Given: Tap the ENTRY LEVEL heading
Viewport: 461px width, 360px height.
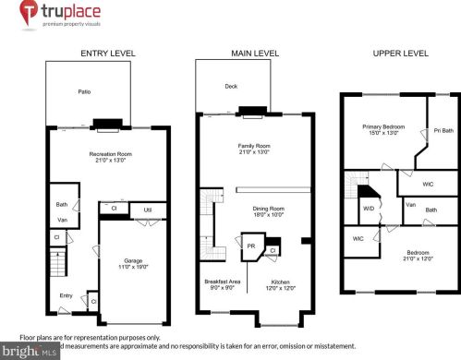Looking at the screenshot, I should [108, 54].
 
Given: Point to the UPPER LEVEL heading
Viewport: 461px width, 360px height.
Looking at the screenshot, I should [400, 54].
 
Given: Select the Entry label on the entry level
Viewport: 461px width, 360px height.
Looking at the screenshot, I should [66, 295].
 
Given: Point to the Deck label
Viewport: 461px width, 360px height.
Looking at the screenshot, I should [231, 86].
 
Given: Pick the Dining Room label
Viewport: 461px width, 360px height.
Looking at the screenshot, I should [267, 209].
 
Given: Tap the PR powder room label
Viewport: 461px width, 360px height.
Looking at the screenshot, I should [250, 246].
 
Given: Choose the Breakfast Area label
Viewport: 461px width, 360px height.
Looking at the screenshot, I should [222, 282].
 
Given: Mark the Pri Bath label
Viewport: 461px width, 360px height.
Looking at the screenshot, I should [443, 130].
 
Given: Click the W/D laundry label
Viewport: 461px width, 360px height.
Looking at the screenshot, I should [369, 207].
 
